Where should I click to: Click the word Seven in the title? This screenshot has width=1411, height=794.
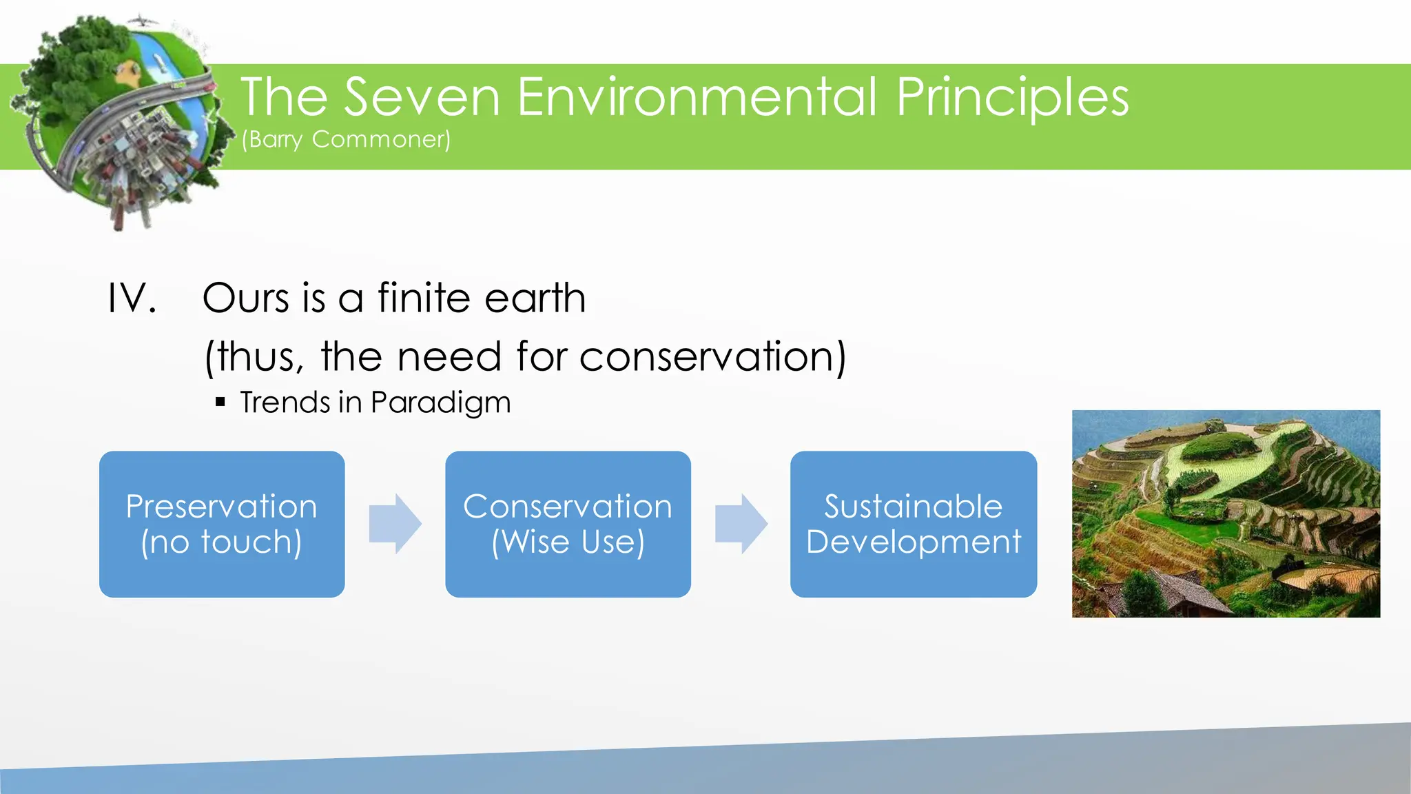[422, 97]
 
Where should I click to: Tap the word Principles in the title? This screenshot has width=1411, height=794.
[1012, 97]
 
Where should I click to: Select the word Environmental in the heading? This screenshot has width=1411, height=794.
[697, 97]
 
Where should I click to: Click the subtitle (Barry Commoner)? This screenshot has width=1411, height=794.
[347, 139]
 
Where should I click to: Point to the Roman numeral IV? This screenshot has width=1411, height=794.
[132, 298]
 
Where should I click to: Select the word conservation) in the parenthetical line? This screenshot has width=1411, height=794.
[712, 356]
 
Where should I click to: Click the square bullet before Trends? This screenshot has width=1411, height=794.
[220, 402]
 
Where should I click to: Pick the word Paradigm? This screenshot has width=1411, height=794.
[441, 403]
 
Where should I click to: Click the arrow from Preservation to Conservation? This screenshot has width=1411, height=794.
[395, 524]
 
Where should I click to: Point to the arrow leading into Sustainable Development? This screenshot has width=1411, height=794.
[741, 524]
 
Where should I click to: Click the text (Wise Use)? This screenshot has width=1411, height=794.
[568, 542]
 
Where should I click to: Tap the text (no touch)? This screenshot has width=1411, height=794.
[221, 542]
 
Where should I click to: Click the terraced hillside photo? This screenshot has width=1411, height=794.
[1226, 513]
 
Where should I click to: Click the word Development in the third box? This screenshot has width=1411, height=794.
[914, 542]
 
